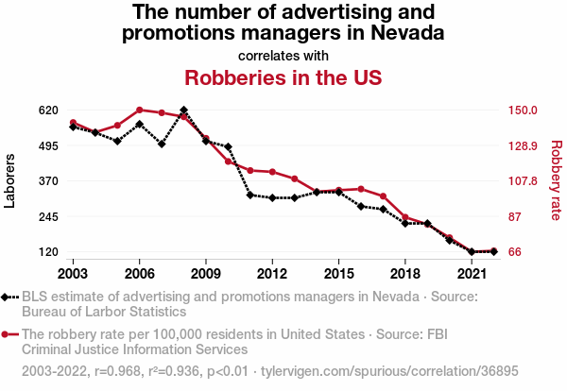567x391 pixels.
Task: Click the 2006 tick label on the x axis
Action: point(139,274)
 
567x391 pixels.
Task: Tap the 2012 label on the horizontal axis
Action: point(272,274)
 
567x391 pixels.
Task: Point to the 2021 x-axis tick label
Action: point(472,274)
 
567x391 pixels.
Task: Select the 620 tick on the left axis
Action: point(49,110)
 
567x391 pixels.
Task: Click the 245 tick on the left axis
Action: point(49,216)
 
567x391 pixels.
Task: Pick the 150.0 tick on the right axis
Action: point(523,110)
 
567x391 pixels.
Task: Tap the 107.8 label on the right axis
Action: point(523,180)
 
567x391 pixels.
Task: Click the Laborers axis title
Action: point(10,180)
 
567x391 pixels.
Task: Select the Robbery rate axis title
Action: point(556,180)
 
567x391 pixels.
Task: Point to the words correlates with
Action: point(283,54)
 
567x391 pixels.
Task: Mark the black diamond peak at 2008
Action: point(183,110)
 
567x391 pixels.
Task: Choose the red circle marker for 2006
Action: point(139,110)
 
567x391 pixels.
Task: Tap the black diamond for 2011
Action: point(250,195)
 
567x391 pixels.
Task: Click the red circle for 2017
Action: point(383,196)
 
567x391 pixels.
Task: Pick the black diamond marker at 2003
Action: point(73,127)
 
